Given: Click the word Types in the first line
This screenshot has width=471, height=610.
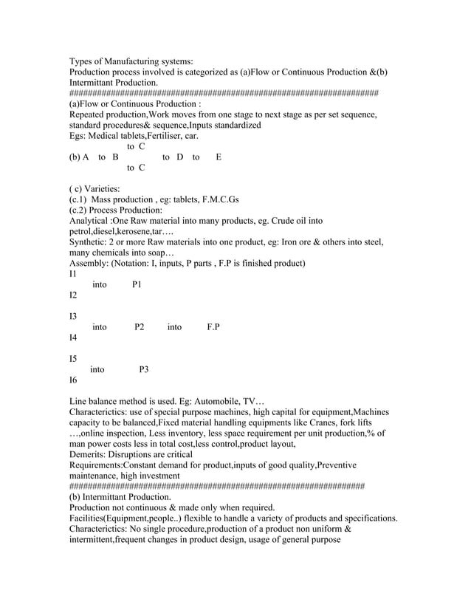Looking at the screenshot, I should click(x=82, y=61).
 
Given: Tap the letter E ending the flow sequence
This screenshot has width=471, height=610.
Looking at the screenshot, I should click(x=219, y=157).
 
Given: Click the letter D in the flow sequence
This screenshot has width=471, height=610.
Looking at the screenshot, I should click(x=179, y=157).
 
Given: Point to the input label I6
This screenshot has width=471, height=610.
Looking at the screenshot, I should click(x=73, y=380).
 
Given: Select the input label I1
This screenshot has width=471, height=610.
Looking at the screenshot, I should click(x=72, y=274).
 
